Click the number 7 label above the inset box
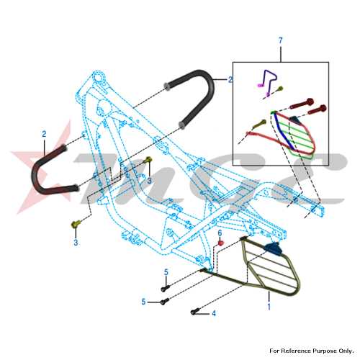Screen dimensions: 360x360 coord(281,40)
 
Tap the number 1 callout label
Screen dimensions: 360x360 coord(269,307)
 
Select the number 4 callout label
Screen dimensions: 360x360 coord(214,313)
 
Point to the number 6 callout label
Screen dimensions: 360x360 coord(220,233)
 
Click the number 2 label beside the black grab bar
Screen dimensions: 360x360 coord(230,79)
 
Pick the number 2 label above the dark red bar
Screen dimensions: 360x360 coord(44,134)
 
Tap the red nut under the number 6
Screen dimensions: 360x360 coord(220,243)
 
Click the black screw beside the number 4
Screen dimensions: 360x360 coord(194,312)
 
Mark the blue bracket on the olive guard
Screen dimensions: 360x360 coord(274,248)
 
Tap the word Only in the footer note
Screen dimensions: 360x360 coord(346,351)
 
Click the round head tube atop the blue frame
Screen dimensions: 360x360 coord(99,77)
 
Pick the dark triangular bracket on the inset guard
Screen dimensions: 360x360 coord(293,120)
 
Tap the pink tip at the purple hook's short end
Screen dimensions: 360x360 coord(260,85)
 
